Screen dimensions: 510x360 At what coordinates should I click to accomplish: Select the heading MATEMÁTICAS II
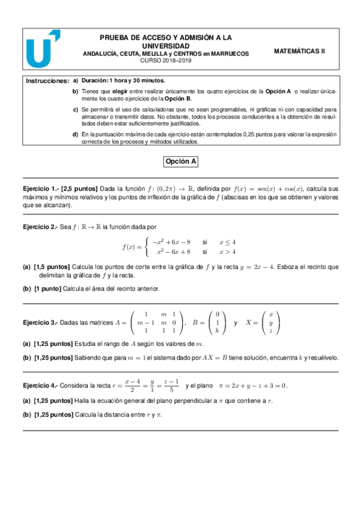point(299,52)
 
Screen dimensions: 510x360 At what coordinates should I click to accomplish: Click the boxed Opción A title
point(181,162)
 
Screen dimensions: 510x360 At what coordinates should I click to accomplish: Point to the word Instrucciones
point(47,81)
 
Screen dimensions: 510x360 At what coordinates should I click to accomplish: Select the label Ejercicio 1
point(40,188)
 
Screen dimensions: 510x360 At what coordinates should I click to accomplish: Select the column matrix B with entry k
point(217,322)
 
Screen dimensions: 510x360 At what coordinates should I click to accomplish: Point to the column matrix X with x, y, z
point(270,322)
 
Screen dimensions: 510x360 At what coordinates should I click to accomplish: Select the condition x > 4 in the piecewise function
point(227,251)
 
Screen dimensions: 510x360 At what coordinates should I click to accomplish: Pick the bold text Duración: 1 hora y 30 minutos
point(123,81)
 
